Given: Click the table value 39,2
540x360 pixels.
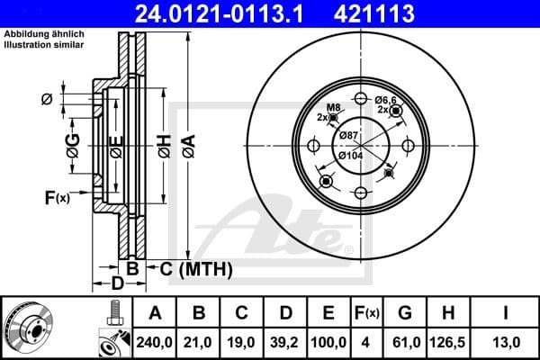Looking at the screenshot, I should tap(285, 340).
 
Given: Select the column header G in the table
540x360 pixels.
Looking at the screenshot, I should tap(403, 313).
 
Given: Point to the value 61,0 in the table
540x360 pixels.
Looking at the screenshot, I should tap(403, 340).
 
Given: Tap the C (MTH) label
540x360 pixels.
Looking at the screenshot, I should tap(195, 268).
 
